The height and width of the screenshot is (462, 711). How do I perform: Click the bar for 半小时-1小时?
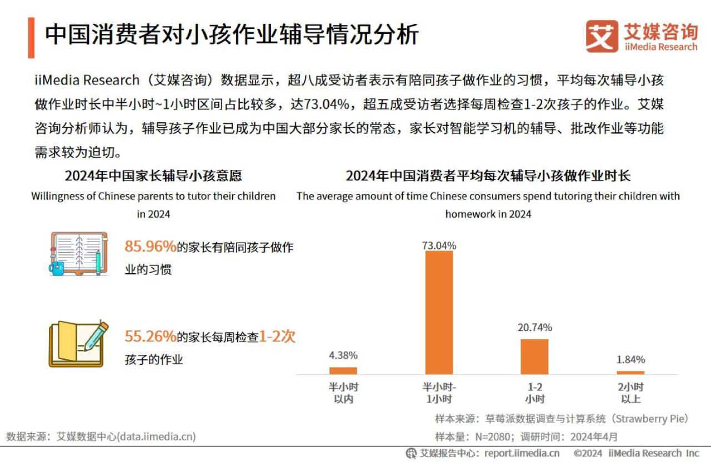click(x=439, y=313)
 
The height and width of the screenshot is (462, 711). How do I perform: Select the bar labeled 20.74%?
click(x=534, y=356)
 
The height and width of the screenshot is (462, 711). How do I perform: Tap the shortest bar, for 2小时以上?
click(x=630, y=373)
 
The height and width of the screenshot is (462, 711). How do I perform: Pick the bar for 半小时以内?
click(x=343, y=370)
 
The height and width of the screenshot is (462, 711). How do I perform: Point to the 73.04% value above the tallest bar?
click(x=439, y=245)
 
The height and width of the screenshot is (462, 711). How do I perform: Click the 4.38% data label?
click(x=343, y=355)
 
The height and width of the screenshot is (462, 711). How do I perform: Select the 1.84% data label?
click(x=630, y=359)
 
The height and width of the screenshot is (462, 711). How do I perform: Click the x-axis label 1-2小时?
click(x=534, y=393)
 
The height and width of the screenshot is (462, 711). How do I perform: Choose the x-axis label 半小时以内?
click(x=343, y=393)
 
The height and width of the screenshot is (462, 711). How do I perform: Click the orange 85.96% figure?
click(x=150, y=247)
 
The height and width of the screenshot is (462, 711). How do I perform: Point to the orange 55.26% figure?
click(x=150, y=336)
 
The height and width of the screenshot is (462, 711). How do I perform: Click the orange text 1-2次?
click(x=277, y=337)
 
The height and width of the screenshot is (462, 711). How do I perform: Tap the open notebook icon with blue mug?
click(x=78, y=254)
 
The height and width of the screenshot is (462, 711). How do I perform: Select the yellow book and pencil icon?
click(x=78, y=344)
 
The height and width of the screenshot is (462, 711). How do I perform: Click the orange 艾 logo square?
click(x=602, y=37)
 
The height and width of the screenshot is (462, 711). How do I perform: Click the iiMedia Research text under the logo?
click(x=660, y=47)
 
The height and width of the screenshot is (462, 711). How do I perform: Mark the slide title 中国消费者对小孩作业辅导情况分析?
click(x=232, y=34)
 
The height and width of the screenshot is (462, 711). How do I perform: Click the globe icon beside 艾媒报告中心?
click(x=411, y=453)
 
